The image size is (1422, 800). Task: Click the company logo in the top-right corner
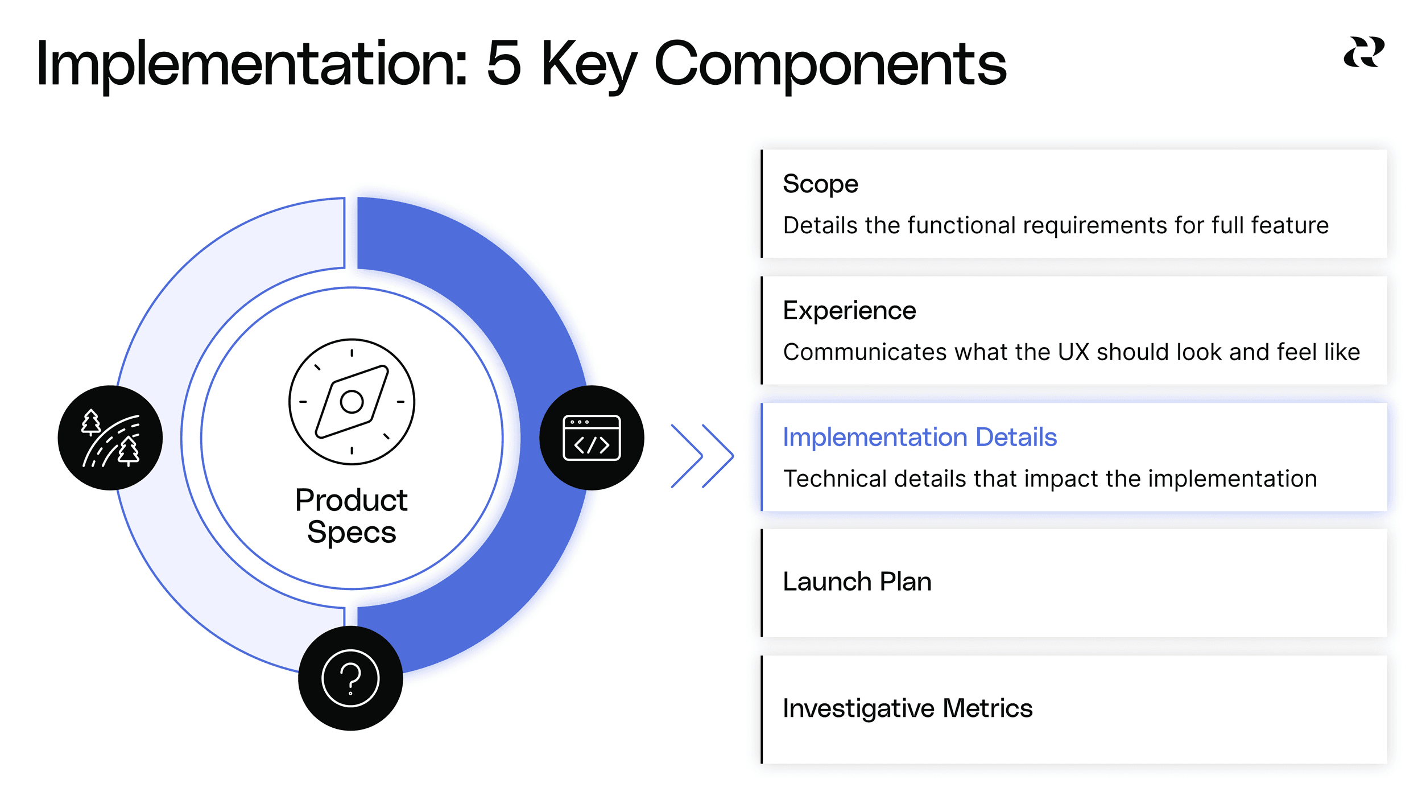click(x=1363, y=52)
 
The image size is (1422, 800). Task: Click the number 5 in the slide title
click(x=504, y=64)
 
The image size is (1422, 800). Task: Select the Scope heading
click(x=820, y=184)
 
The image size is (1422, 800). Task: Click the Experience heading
click(x=849, y=311)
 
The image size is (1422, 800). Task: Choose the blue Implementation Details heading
click(x=919, y=438)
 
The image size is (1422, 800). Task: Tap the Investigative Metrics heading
click(x=907, y=708)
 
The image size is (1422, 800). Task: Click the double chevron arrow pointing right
click(x=702, y=456)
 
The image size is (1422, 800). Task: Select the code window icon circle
click(x=592, y=438)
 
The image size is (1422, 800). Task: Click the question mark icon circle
click(x=350, y=678)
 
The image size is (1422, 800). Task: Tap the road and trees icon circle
click(x=110, y=438)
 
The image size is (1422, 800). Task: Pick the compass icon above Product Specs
click(x=352, y=402)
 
